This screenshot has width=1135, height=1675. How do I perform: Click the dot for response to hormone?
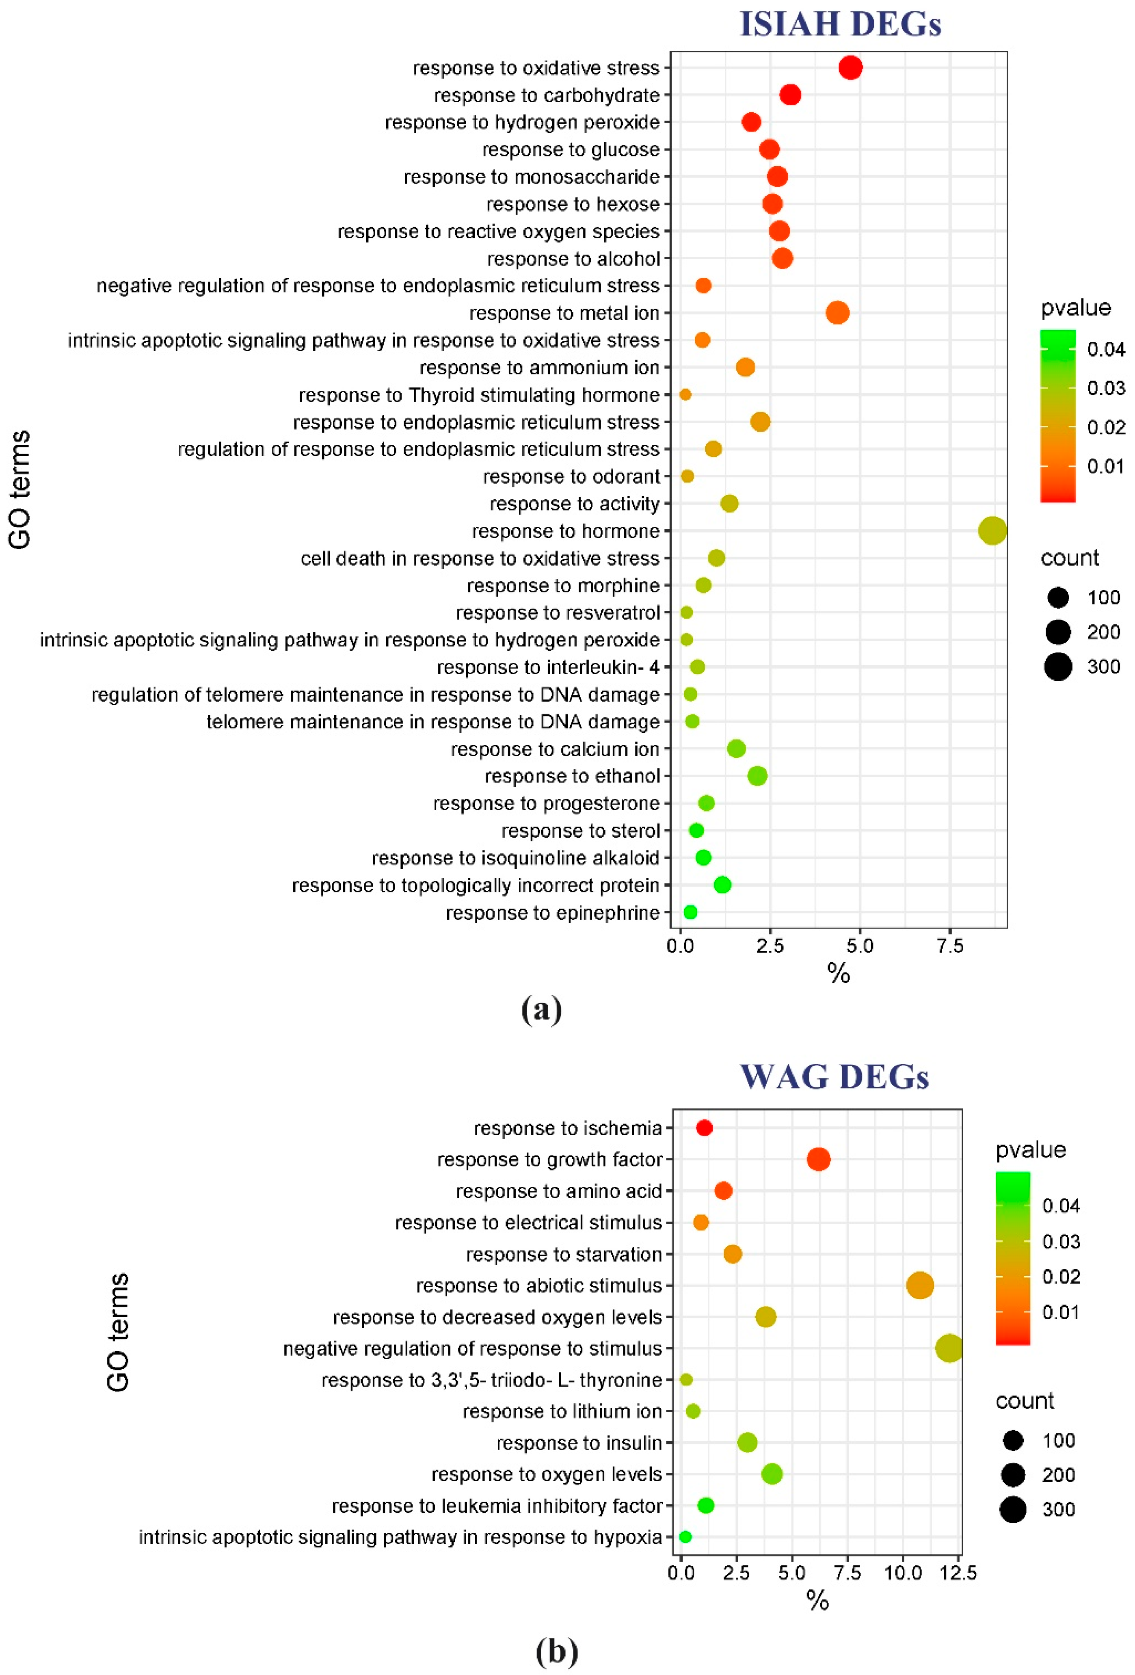tap(992, 531)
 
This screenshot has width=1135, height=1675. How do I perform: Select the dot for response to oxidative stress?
tap(850, 68)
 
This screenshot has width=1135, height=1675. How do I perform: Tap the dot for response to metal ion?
tap(837, 313)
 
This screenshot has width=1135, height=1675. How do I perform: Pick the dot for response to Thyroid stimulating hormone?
tap(685, 395)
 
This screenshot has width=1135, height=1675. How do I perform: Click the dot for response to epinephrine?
tap(690, 913)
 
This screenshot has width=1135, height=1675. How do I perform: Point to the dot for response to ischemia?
tap(704, 1128)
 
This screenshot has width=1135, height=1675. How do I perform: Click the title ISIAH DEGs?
tap(840, 24)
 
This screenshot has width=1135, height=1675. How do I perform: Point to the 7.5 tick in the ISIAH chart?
tap(950, 946)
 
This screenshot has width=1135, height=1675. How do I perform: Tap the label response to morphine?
tap(563, 585)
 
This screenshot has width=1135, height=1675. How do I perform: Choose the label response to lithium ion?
tap(562, 1411)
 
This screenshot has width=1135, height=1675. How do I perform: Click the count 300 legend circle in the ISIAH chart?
tap(1058, 667)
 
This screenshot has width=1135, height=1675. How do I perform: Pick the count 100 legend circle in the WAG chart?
tap(1012, 1440)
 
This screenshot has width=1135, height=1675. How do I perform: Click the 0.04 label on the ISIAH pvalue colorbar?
tap(1105, 350)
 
